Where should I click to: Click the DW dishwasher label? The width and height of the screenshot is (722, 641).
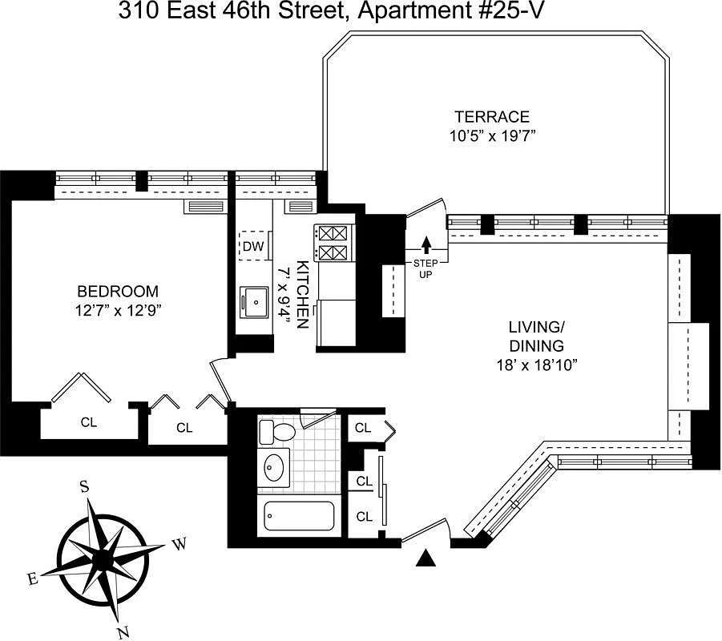pos(253,246)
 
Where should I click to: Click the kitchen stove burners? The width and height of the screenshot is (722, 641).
pos(333,243)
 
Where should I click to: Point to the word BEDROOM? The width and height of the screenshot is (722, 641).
pos(118,291)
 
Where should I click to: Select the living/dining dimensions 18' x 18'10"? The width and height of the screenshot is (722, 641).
pos(537,364)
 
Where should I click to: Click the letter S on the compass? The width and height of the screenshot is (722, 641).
pos(83,486)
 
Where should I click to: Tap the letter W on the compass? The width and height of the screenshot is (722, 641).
pos(180,546)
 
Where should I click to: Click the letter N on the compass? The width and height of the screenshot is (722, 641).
pos(123,633)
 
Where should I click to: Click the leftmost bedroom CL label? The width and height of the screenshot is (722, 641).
pos(88,422)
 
